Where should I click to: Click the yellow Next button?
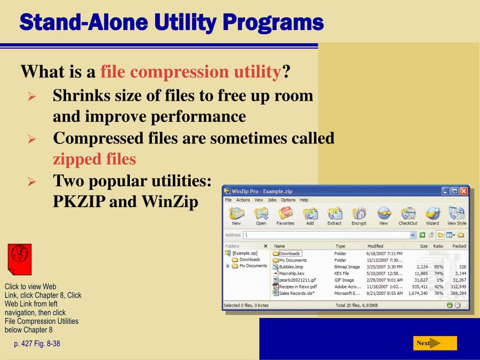435,343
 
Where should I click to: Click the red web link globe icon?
20,259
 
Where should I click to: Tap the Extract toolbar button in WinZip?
334,216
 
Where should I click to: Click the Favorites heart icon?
285,213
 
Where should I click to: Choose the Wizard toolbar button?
432,216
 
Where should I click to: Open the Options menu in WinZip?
288,200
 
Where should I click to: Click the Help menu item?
304,200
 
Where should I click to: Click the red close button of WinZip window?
464,191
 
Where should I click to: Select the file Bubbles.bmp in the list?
291,267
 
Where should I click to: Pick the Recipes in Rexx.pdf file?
298,287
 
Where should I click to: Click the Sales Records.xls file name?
297,293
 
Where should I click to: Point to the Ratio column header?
438,246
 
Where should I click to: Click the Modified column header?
375,246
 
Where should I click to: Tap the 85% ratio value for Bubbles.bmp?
439,267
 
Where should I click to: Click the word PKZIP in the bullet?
79,202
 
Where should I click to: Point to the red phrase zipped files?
94,159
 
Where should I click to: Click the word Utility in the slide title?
185,22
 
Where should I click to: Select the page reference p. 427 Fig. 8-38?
37,344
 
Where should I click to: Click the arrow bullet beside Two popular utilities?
32,181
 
